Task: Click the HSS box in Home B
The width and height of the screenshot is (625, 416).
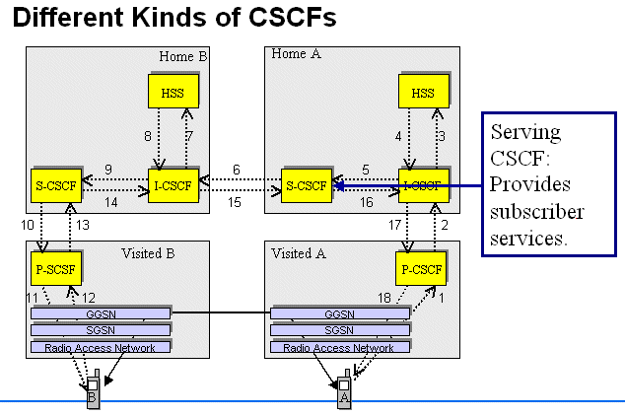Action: click(174, 94)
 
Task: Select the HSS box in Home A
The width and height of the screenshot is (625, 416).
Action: click(423, 94)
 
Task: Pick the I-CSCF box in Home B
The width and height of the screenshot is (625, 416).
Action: click(174, 185)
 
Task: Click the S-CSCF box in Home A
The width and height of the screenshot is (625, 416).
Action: click(306, 185)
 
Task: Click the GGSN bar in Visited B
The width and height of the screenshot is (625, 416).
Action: click(100, 313)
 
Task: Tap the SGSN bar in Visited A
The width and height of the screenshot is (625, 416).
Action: click(340, 330)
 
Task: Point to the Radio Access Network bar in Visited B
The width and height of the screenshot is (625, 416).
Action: click(100, 347)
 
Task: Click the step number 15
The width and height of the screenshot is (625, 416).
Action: click(235, 202)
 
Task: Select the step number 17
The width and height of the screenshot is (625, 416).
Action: click(395, 226)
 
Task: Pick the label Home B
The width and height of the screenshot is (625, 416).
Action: click(183, 55)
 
